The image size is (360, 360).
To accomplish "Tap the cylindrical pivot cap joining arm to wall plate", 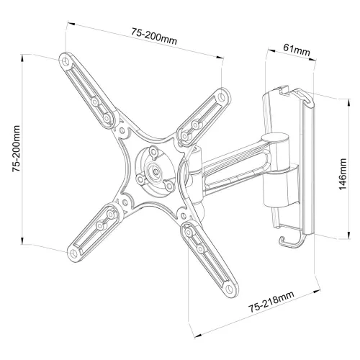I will point(276,139).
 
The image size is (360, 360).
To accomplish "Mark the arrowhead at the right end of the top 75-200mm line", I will point(219,57).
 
